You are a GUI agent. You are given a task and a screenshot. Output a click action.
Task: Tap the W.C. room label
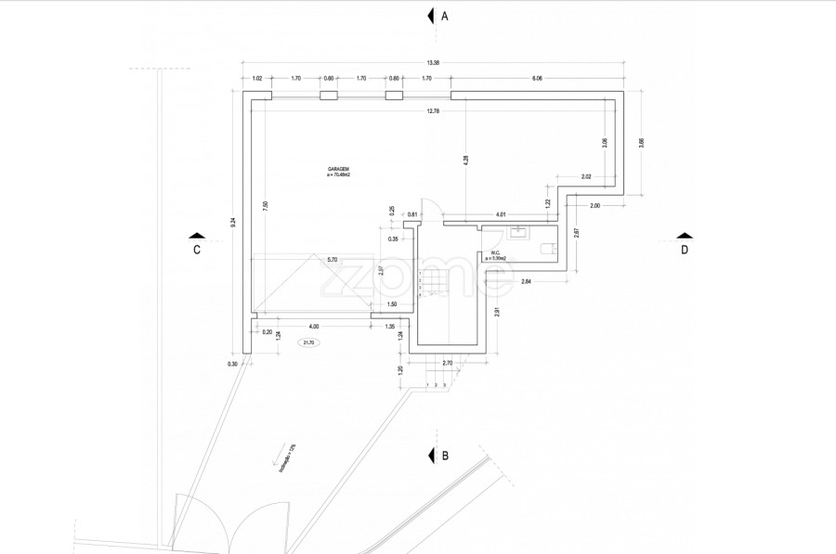pyautogui.click(x=495, y=254)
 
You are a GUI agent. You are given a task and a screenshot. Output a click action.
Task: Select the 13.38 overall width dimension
pyautogui.click(x=432, y=62)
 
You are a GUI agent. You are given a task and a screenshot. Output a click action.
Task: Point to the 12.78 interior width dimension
pyautogui.click(x=432, y=111)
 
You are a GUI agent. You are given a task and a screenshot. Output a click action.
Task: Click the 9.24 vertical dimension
pyautogui.click(x=233, y=222)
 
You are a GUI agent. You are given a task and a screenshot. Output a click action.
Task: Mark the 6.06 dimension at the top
pyautogui.click(x=537, y=78)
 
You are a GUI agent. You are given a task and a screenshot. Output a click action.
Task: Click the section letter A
pyautogui.click(x=445, y=16)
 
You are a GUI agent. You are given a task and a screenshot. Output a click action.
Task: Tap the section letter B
pyautogui.click(x=445, y=456)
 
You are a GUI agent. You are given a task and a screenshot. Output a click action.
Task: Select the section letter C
pyautogui.click(x=197, y=249)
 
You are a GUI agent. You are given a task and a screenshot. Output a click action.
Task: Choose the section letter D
pyautogui.click(x=685, y=249)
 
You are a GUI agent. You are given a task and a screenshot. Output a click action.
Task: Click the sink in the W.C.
pyautogui.click(x=518, y=232)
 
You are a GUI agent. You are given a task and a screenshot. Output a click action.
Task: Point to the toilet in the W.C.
pyautogui.click(x=548, y=248)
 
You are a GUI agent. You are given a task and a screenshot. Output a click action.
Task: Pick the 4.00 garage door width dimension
pyautogui.click(x=314, y=326)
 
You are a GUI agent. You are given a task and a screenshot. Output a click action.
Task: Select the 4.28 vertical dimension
pyautogui.click(x=465, y=159)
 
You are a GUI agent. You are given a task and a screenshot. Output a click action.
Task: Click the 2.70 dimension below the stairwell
pyautogui.click(x=447, y=362)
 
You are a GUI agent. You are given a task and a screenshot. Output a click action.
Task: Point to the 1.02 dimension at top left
pyautogui.click(x=257, y=78)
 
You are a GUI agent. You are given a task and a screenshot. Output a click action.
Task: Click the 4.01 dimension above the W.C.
pyautogui.click(x=501, y=214)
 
